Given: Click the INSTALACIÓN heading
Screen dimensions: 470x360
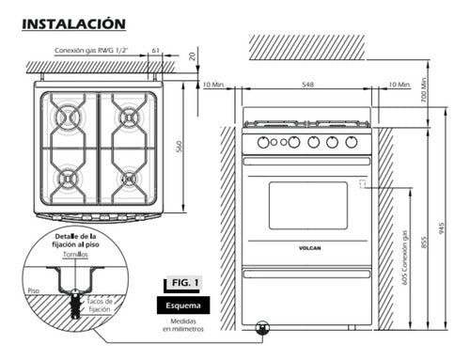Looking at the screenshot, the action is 74,24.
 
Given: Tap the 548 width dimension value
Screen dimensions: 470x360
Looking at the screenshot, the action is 307,85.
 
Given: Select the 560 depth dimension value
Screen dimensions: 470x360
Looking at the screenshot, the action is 179,147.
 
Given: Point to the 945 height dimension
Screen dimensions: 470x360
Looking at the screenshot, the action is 442,228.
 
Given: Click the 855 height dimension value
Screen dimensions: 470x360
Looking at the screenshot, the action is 424,243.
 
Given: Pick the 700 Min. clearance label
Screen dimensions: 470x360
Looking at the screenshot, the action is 424,89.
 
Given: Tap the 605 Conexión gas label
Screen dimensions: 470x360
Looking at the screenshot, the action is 405,258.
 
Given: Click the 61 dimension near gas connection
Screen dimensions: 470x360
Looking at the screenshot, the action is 156,50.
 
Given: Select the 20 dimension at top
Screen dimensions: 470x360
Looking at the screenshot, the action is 193,55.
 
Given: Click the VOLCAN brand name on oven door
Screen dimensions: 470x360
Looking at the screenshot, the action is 309,248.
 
